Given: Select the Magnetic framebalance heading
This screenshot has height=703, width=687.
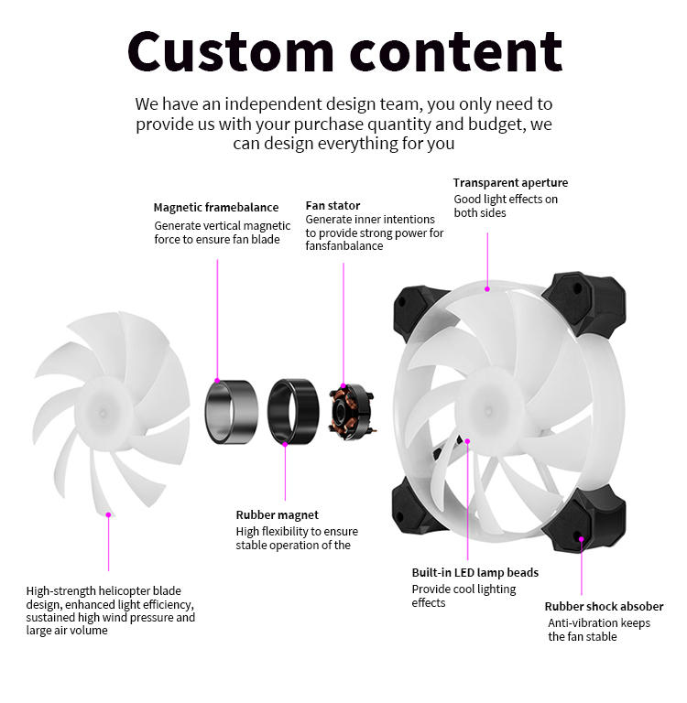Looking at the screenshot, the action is click(215, 208).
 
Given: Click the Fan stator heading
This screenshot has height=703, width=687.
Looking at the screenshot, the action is click(333, 205).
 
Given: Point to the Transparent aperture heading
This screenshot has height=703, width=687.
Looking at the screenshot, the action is click(510, 183).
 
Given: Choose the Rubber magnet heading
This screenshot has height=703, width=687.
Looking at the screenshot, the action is click(277, 515).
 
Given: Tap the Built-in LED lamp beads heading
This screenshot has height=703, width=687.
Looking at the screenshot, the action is click(474, 573).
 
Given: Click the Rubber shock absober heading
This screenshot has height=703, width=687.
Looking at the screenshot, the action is click(604, 606).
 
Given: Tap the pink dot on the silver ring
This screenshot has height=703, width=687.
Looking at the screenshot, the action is click(217, 381).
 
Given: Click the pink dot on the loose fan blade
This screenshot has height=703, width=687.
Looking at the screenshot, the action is click(108, 515).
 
